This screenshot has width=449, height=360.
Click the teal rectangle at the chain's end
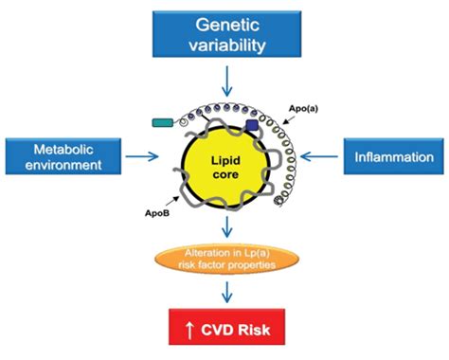[164, 122]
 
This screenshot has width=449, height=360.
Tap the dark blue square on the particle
[254, 124]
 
